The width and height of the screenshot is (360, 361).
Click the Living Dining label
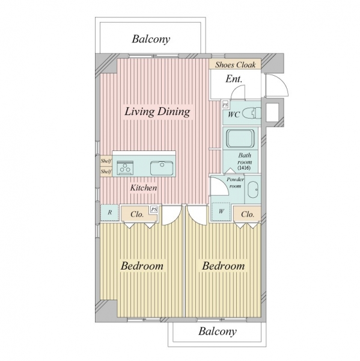[157, 112]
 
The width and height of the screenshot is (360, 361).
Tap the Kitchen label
[144, 188]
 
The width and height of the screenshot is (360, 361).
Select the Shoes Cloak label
[236, 65]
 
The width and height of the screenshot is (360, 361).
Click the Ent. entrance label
[234, 79]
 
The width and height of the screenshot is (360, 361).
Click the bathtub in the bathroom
[241, 138]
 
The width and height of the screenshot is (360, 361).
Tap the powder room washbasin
[252, 190]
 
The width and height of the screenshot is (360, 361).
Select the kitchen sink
[162, 168]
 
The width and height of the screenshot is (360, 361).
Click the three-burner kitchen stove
[125, 168]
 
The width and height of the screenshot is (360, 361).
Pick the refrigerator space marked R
[110, 212]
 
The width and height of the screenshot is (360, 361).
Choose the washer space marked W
[221, 211]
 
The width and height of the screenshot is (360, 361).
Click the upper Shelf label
[106, 161]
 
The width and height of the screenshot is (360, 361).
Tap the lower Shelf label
[106, 171]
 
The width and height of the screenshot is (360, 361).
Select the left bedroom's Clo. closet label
[137, 214]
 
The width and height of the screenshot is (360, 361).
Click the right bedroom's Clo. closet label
[248, 214]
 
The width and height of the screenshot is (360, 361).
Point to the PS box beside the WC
[225, 105]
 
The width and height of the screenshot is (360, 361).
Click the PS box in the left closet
[154, 209]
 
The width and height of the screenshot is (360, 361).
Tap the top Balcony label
[151, 39]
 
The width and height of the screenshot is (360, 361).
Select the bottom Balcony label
[218, 332]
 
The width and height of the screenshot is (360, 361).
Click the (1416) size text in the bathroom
[244, 168]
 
